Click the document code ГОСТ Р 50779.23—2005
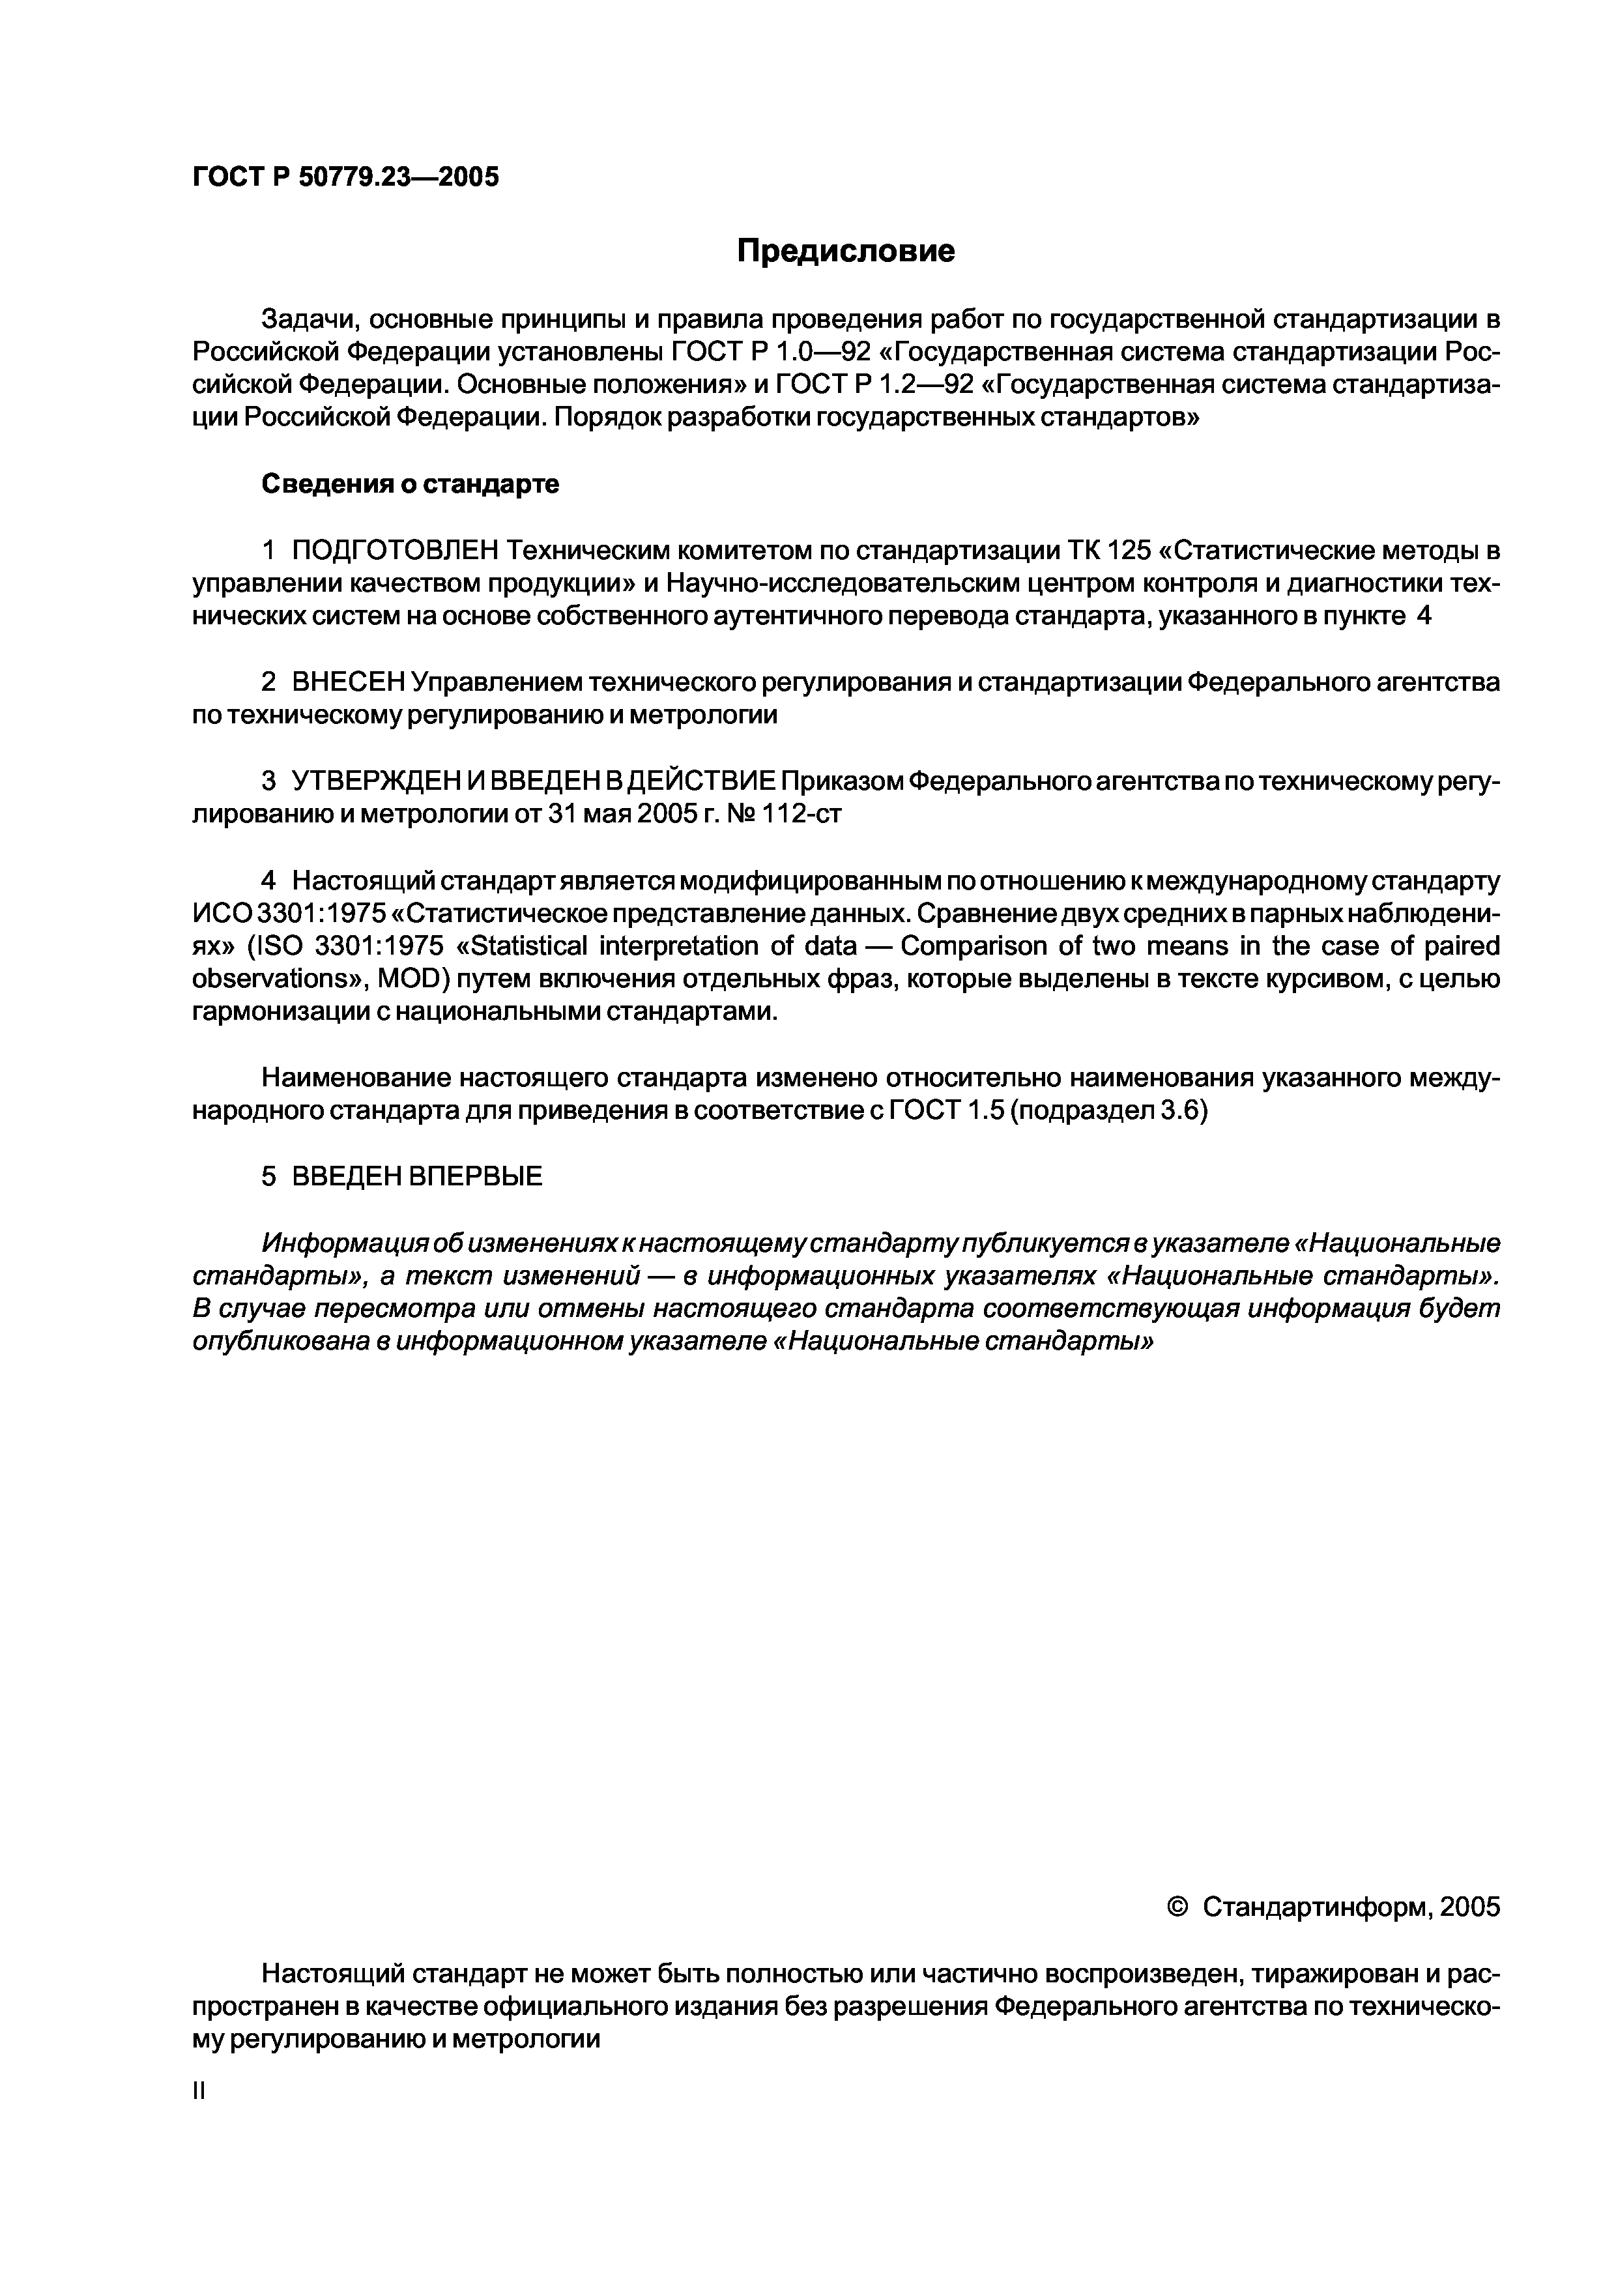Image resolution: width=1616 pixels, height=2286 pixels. click(x=345, y=177)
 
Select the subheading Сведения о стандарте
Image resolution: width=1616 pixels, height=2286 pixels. click(x=411, y=484)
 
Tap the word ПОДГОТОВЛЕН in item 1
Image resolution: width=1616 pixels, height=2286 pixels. click(x=396, y=551)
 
